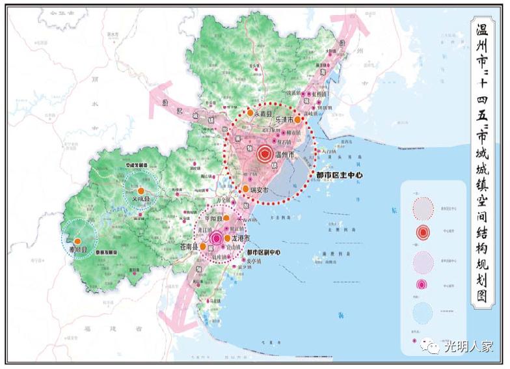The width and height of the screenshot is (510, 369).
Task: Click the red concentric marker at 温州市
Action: (265, 155)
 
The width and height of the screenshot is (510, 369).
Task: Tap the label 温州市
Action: (286, 156)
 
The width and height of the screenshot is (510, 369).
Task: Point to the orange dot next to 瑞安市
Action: (246, 189)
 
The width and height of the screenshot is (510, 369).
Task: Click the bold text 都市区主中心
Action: (339, 176)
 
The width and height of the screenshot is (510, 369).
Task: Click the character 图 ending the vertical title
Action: (483, 296)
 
